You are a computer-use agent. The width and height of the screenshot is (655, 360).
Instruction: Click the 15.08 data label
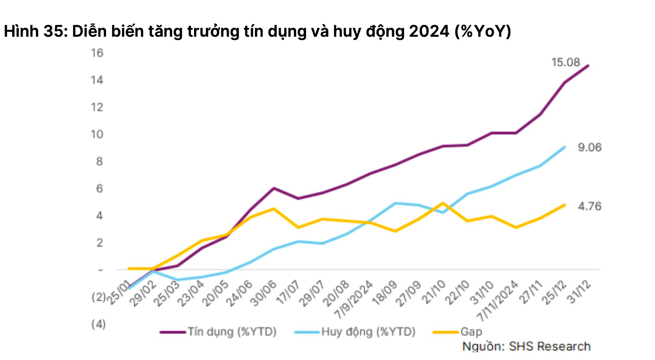coord(566,62)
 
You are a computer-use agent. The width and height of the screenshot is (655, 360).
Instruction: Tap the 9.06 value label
coord(590,147)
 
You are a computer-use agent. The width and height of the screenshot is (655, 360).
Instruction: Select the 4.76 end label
coord(590,206)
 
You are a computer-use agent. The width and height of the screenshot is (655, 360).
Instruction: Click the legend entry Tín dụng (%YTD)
coord(218,331)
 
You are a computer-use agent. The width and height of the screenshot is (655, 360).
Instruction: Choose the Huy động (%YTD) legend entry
coord(355,331)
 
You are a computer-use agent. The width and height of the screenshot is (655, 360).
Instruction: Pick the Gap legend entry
coord(458,331)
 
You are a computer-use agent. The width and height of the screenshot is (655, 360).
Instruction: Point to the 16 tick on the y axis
coord(97,53)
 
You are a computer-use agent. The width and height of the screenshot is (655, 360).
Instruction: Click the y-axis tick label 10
coord(97,134)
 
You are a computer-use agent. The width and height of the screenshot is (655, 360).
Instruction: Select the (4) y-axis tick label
coord(98,324)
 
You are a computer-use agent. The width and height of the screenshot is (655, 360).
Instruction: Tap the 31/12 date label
coord(580,292)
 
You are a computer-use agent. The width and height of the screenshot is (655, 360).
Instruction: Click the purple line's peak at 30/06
coord(274,188)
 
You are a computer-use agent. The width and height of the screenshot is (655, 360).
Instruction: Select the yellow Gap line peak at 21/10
coord(443,203)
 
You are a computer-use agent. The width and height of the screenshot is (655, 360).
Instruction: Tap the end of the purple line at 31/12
coord(588,66)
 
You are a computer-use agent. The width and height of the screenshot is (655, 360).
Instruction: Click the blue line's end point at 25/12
coord(565,147)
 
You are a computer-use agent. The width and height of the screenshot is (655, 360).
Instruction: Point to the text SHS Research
coord(550,346)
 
